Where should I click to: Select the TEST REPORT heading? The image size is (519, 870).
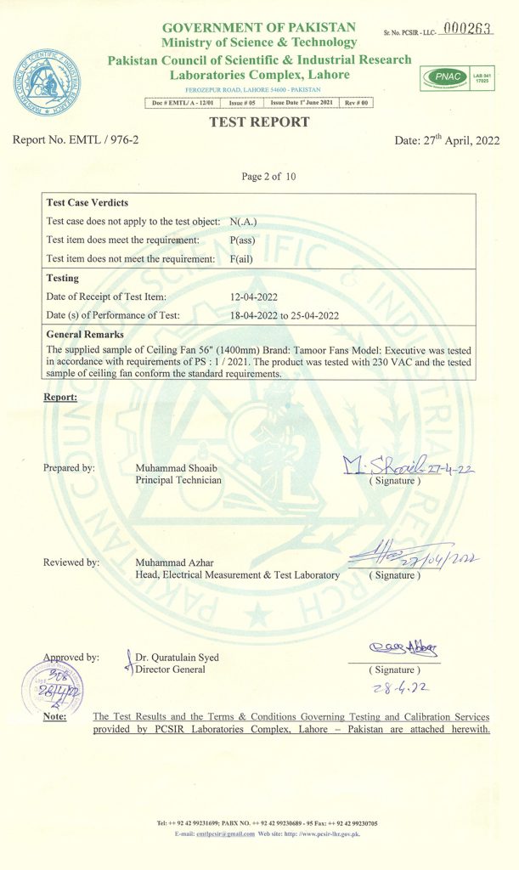[259, 122]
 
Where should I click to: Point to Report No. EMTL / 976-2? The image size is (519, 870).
[76, 140]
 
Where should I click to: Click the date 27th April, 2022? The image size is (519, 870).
[448, 140]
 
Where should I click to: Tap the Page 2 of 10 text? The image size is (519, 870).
[268, 177]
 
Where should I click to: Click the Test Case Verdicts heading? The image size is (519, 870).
[87, 203]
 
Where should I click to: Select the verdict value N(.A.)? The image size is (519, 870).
[244, 222]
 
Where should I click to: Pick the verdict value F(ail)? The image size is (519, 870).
[244, 258]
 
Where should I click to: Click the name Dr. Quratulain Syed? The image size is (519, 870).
[177, 657]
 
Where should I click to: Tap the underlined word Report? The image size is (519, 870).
[60, 397]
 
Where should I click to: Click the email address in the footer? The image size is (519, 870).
[226, 833]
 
